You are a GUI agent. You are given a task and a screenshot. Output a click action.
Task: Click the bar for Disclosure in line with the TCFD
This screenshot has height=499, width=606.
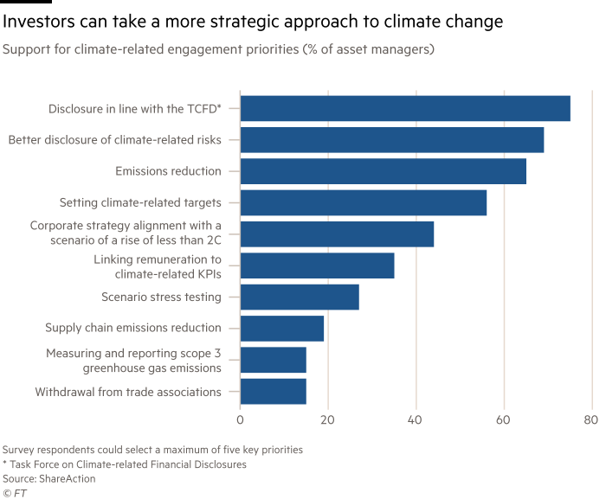[x=404, y=108]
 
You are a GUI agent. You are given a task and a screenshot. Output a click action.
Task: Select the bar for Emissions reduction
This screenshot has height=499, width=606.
[x=383, y=171]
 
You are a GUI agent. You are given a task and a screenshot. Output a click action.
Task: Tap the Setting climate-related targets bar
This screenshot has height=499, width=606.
[x=364, y=202]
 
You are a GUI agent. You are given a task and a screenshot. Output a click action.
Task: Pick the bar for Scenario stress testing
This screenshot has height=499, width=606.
[x=300, y=297]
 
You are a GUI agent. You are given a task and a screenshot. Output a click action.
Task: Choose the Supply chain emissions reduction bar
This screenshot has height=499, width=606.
[x=282, y=329]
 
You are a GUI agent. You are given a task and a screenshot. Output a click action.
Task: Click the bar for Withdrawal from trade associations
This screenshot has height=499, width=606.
[x=274, y=392]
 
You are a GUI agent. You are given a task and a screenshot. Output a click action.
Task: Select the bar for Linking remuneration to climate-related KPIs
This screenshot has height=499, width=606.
[x=317, y=265]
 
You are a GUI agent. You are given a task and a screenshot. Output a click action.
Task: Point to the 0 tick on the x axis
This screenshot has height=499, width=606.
[x=241, y=421]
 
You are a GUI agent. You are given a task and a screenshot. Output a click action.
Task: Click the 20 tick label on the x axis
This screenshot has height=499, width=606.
[x=328, y=421]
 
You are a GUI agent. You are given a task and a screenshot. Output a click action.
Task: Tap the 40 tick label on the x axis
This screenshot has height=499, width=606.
[x=416, y=421]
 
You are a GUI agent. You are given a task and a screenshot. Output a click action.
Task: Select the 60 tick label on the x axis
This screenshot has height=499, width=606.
[x=503, y=421]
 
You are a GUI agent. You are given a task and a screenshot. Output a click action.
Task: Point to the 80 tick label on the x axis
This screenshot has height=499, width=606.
[x=590, y=421]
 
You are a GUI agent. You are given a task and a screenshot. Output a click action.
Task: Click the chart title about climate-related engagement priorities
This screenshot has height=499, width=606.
[x=218, y=49]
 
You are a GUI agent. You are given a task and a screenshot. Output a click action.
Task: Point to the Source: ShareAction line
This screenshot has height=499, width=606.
[x=48, y=478]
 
